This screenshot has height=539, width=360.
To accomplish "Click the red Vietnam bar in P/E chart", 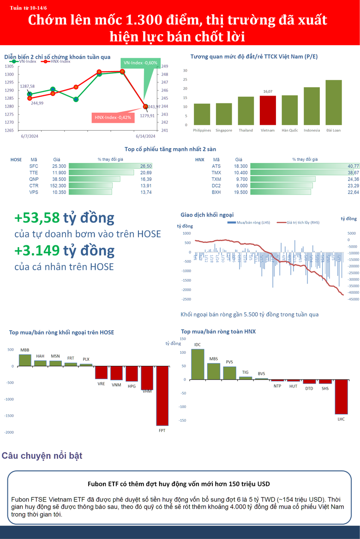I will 268,110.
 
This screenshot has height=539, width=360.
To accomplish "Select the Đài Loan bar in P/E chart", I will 333,102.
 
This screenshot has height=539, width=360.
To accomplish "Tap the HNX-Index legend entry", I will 58,61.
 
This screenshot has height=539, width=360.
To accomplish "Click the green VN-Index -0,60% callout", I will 141,63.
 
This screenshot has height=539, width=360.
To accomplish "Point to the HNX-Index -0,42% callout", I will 113,118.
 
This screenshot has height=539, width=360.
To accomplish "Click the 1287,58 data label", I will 27,86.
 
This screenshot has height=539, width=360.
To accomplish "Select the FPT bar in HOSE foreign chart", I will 162,396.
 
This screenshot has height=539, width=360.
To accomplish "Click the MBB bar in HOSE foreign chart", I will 25,360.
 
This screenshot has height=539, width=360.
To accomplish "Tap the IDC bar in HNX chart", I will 198,364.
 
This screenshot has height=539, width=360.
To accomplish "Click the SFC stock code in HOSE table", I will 34,166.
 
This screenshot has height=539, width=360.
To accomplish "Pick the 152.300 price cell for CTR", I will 59,185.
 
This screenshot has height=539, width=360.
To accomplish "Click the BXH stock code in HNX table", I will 216,192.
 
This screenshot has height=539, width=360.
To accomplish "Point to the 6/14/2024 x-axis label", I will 144,136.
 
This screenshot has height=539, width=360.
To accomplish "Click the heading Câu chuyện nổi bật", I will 42,456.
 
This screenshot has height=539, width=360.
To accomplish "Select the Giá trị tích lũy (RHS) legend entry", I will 298,223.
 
